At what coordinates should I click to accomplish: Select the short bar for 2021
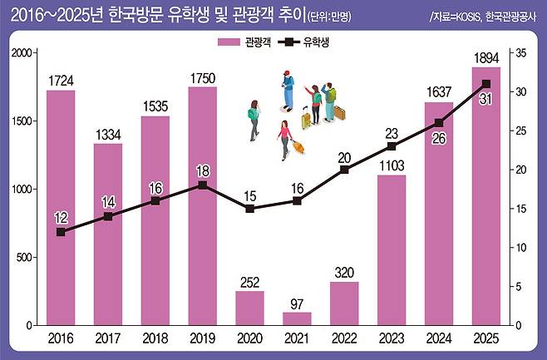coord(297,318)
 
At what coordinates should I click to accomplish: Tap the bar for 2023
coord(392,249)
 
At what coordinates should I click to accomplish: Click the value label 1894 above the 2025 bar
coord(486,57)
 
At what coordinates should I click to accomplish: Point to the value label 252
coord(249,281)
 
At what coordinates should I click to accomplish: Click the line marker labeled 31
coord(486,83)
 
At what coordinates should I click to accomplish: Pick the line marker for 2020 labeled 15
coord(249,208)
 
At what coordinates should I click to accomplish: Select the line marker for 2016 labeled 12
coord(60,232)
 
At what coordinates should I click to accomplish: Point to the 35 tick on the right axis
coord(520,52)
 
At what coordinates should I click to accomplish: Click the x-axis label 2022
coord(344,338)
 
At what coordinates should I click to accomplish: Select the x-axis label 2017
coord(107,338)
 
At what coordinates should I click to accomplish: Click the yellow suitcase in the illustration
coord(305,120)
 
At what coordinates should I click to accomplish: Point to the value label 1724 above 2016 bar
coord(60,81)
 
